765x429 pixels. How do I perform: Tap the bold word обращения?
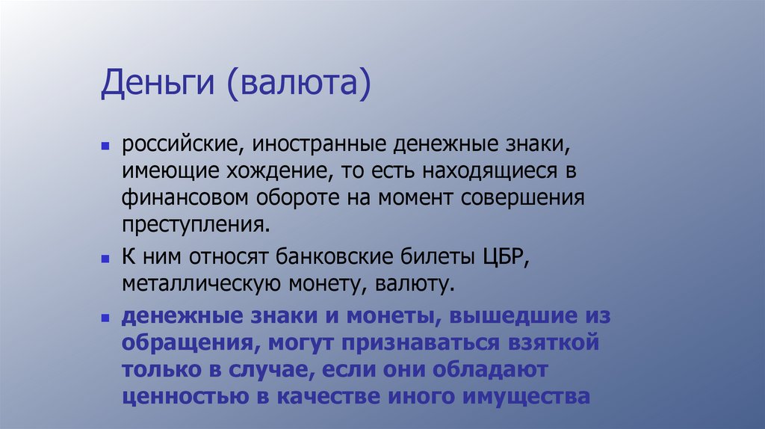tap(186, 343)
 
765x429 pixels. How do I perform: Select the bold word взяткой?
tap(547, 343)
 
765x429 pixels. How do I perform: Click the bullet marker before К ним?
tap(106, 258)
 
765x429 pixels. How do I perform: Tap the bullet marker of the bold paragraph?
tap(106, 317)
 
